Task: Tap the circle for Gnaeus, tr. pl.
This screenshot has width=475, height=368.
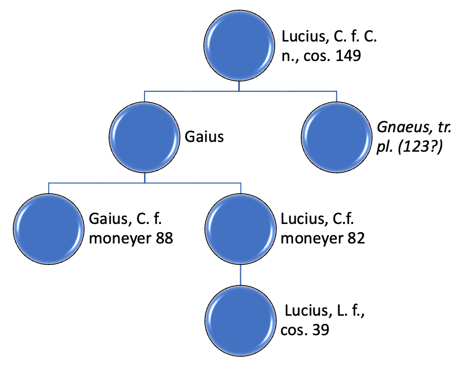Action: (336, 138)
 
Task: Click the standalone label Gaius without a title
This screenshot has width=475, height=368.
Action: (204, 138)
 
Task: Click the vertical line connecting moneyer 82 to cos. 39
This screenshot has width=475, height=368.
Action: (240, 275)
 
